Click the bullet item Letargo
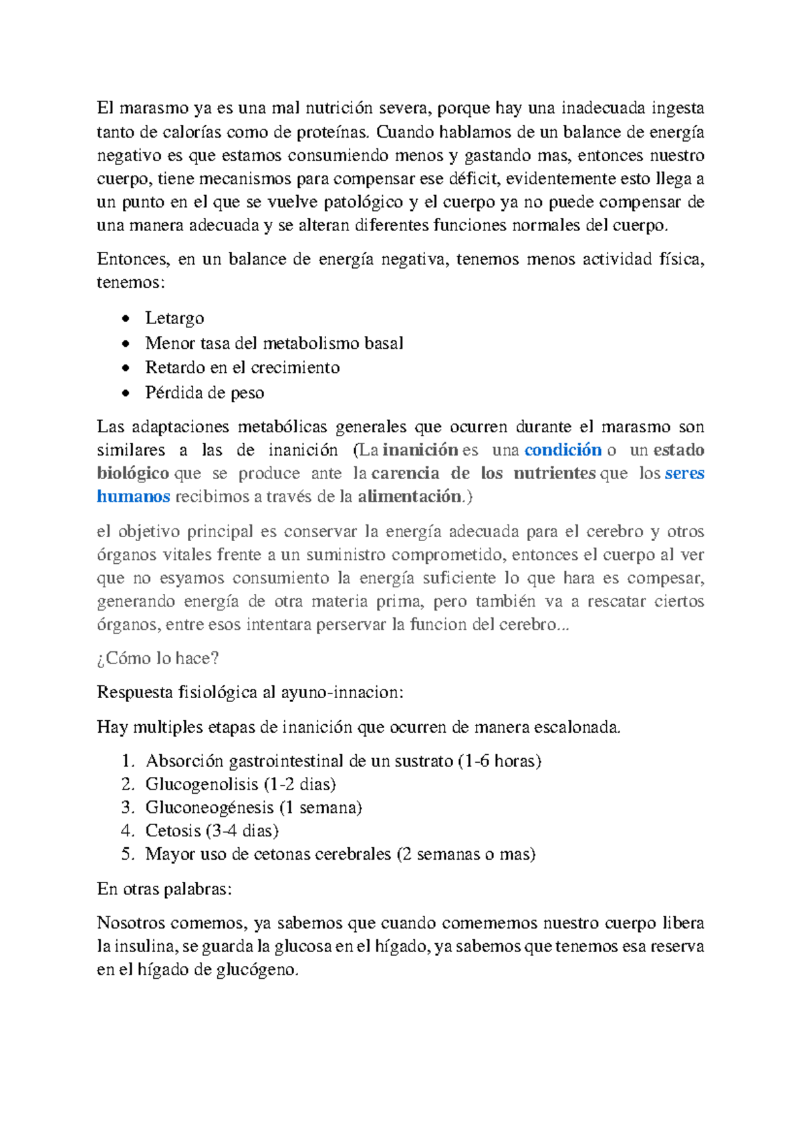174,318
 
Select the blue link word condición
563,450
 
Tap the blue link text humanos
133,496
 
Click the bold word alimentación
410,496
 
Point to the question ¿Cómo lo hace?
158,659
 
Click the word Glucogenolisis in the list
202,784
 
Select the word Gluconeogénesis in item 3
210,808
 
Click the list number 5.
128,854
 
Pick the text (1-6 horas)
500,761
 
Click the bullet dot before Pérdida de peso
126,393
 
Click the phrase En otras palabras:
164,889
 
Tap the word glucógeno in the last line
257,970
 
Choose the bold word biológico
132,473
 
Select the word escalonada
581,727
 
